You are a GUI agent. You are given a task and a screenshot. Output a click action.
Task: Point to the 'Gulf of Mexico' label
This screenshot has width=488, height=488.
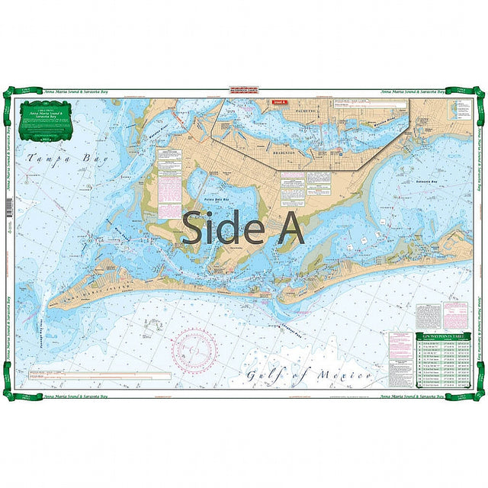click(308, 375)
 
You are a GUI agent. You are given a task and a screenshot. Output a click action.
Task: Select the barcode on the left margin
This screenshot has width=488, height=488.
click(9, 207)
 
